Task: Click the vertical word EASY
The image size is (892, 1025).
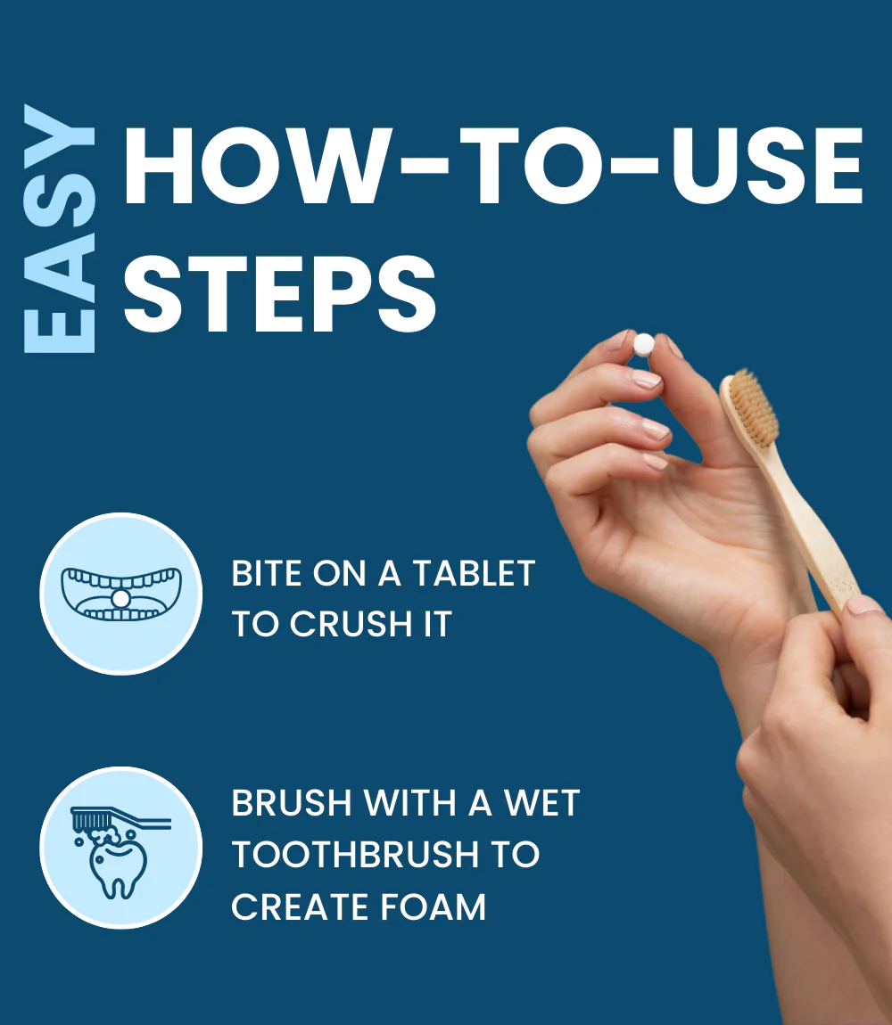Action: click(x=60, y=229)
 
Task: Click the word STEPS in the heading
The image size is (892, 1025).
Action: click(x=279, y=293)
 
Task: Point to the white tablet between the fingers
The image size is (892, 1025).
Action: click(x=644, y=344)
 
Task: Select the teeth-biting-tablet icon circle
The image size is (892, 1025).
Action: click(x=121, y=594)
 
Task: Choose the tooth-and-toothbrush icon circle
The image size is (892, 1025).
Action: click(x=121, y=848)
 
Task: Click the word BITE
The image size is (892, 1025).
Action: click(x=267, y=573)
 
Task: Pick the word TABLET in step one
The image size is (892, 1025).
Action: click(x=475, y=573)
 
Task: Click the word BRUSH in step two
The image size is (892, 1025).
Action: click(x=292, y=803)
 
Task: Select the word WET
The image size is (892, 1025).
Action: click(x=541, y=803)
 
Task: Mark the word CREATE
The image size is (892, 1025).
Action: click(x=300, y=906)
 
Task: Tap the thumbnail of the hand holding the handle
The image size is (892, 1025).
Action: click(x=863, y=604)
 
